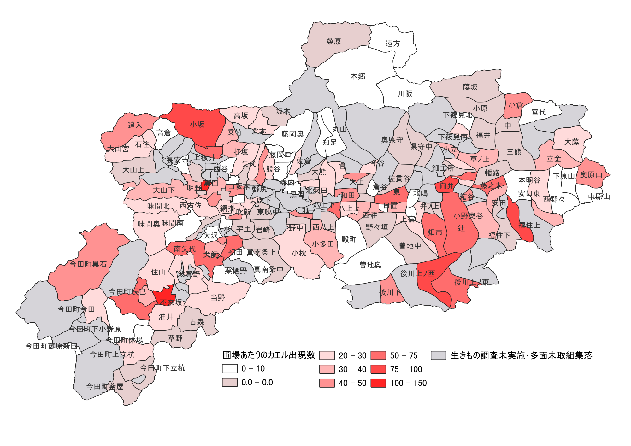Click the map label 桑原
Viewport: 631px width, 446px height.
coord(333,41)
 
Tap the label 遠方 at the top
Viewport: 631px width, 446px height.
coord(392,44)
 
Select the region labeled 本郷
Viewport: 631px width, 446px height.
coord(357,77)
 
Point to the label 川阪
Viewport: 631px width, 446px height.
coord(405,94)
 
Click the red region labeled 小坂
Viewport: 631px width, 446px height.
coord(197,125)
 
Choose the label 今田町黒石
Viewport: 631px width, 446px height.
coord(88,264)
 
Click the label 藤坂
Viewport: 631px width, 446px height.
coord(470,87)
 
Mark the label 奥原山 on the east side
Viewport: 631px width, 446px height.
coord(591,175)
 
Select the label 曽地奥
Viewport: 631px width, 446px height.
coord(370,265)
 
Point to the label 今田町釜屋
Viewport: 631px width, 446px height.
coord(105,386)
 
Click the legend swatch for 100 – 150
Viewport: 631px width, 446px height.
coord(378,383)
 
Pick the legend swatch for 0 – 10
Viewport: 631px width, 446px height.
coord(230,368)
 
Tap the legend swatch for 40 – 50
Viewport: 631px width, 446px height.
coord(327,383)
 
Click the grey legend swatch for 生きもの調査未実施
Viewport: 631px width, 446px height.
coord(439,355)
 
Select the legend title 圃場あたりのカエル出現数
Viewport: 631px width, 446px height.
coord(269,355)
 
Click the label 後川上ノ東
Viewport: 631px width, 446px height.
coord(471,282)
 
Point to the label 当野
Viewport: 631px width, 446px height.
coord(218,298)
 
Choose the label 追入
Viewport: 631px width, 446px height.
coord(135,125)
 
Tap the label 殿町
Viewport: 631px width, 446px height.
coord(349,239)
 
